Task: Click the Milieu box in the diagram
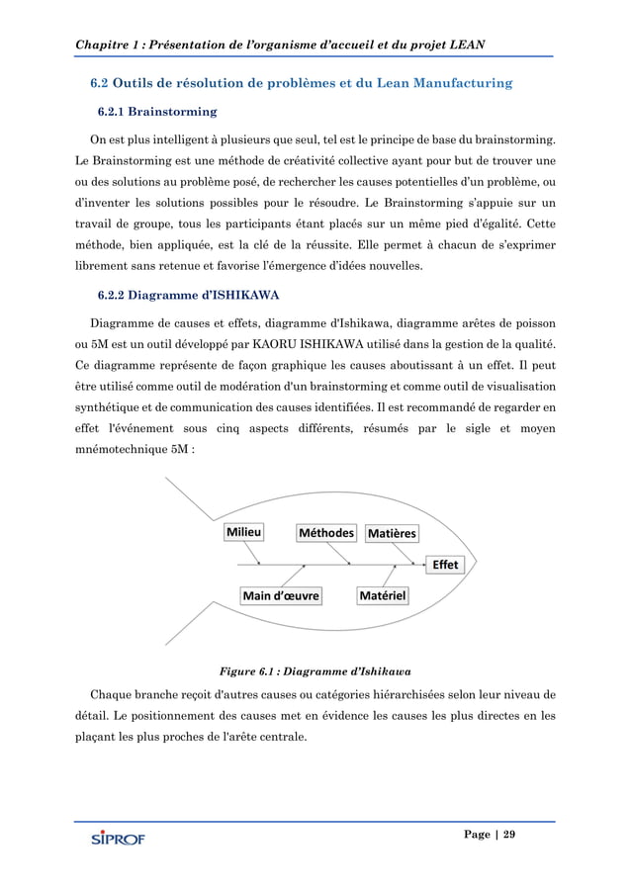point(244,532)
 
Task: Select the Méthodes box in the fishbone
point(325,533)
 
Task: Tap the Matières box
point(393,534)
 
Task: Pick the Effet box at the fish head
point(444,565)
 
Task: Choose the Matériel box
point(387,595)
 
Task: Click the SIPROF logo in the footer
point(118,840)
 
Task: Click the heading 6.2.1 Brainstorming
point(157,112)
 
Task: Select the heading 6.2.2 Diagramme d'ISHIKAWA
point(187,296)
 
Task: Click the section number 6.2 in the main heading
point(102,83)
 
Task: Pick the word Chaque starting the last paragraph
point(113,692)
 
